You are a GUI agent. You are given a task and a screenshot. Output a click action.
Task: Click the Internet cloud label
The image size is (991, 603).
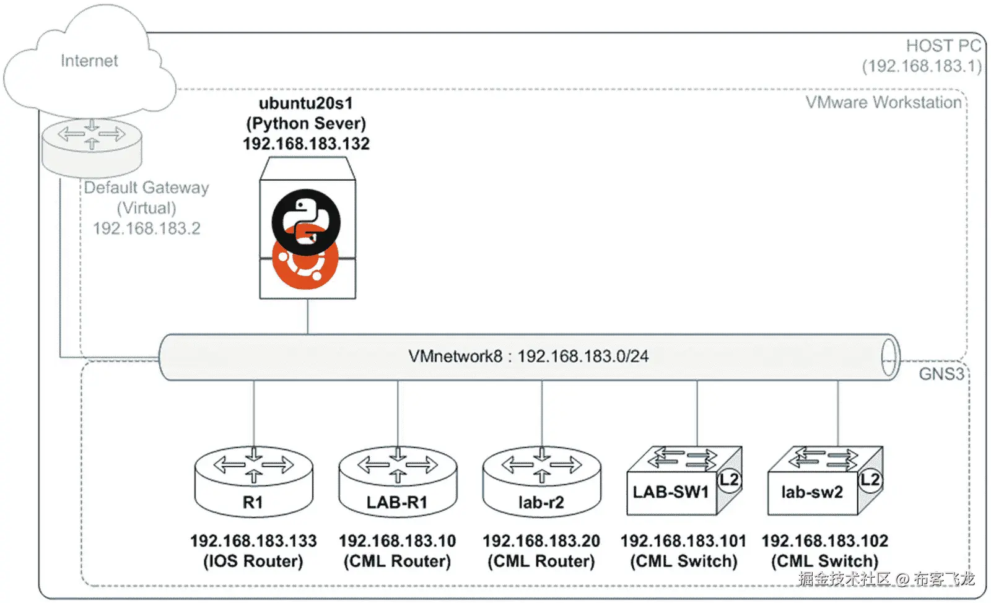pyautogui.click(x=89, y=61)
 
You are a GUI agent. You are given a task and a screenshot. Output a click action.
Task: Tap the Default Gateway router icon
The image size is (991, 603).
pyautogui.click(x=92, y=145)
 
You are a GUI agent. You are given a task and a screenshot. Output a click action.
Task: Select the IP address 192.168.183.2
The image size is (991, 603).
pyautogui.click(x=147, y=228)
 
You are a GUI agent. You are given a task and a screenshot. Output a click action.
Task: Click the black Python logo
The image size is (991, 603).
pyautogui.click(x=306, y=221)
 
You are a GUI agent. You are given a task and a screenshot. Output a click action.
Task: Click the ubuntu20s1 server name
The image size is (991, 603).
pyautogui.click(x=306, y=103)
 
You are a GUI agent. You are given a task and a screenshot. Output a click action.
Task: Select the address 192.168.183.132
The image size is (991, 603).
pyautogui.click(x=306, y=144)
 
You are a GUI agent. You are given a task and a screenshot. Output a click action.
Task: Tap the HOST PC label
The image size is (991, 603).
pyautogui.click(x=943, y=46)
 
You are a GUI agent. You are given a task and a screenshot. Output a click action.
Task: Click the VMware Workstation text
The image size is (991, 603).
pyautogui.click(x=883, y=103)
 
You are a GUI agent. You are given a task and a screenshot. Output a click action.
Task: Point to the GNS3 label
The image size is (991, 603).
pyautogui.click(x=941, y=374)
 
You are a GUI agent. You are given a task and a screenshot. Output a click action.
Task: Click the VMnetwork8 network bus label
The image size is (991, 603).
pyautogui.click(x=528, y=357)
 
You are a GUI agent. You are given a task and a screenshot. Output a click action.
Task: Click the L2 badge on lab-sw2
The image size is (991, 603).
pyautogui.click(x=870, y=479)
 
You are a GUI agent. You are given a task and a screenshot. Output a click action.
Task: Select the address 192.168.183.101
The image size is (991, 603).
pyautogui.click(x=683, y=541)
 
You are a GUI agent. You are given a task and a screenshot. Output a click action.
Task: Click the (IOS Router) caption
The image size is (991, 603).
pyautogui.click(x=253, y=562)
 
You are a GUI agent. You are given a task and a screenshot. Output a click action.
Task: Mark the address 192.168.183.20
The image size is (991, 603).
pyautogui.click(x=541, y=541)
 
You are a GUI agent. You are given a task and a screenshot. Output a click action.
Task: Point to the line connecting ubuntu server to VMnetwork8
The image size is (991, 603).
pyautogui.click(x=308, y=317)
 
